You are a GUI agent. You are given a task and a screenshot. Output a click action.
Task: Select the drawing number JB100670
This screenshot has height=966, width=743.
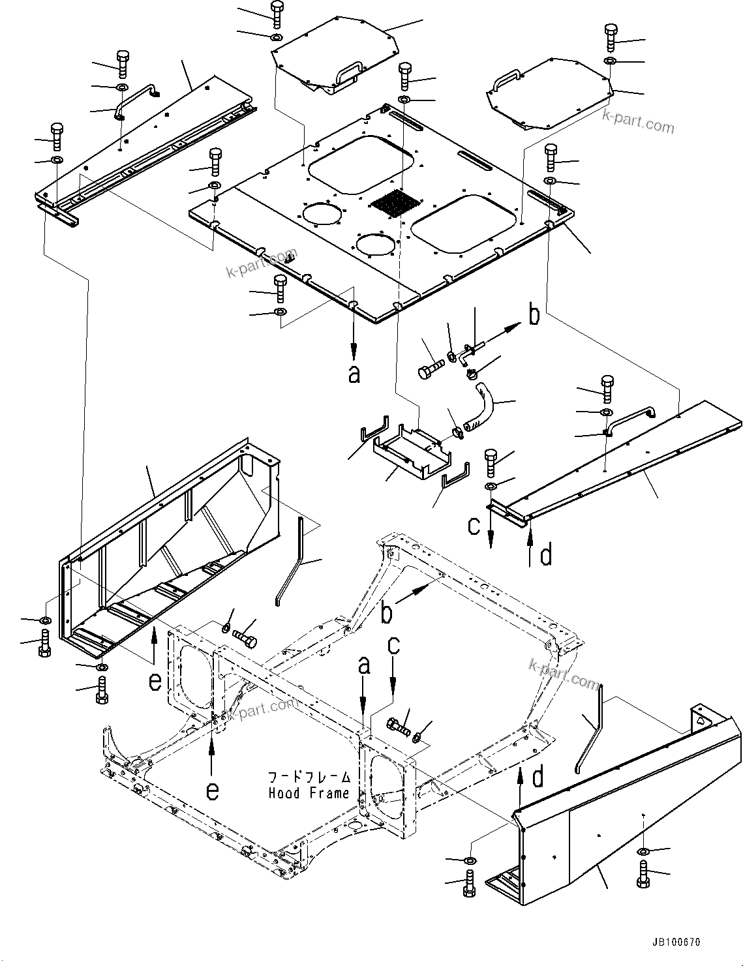pyautogui.click(x=675, y=943)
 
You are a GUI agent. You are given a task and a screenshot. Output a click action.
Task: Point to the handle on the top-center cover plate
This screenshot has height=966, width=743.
pyautogui.click(x=348, y=71)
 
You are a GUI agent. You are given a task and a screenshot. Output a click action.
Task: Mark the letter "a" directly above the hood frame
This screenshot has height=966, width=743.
pyautogui.click(x=364, y=667)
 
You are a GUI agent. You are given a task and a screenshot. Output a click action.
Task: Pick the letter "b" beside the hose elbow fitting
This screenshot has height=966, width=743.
pyautogui.click(x=534, y=316)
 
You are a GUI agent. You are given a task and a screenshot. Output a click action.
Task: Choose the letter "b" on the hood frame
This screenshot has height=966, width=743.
pyautogui.click(x=387, y=613)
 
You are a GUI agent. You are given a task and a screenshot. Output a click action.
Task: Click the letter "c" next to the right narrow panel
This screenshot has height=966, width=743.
pyautogui.click(x=475, y=524)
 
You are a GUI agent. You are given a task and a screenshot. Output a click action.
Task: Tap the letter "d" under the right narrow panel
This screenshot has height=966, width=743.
pyautogui.click(x=546, y=555)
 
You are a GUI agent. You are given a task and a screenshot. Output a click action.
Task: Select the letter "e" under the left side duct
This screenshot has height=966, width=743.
pyautogui.click(x=155, y=681)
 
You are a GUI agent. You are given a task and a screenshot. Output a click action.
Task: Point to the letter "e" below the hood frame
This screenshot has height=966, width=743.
pyautogui.click(x=213, y=790)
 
